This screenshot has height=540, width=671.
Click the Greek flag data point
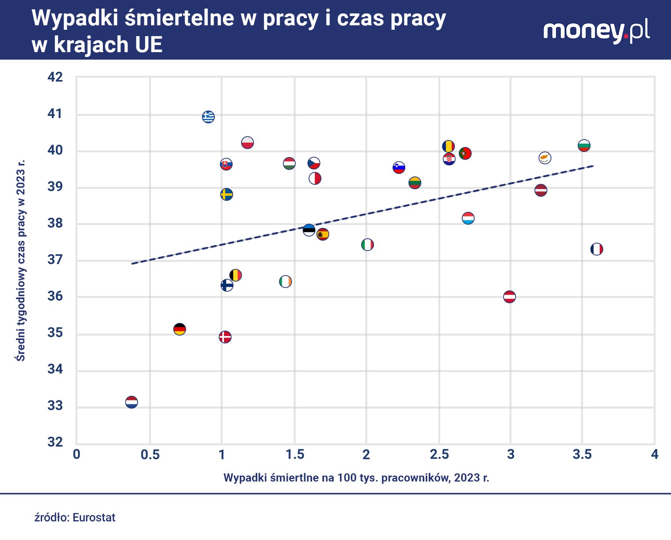click(x=208, y=117)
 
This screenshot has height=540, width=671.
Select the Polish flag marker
click(x=247, y=142)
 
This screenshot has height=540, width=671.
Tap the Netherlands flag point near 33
click(x=131, y=402)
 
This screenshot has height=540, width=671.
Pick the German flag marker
click(x=180, y=329)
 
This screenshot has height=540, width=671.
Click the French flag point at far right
click(x=597, y=249)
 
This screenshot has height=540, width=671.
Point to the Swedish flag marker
click(x=226, y=194)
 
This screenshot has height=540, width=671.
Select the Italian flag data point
click(x=367, y=244)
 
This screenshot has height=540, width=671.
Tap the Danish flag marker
click(x=225, y=337)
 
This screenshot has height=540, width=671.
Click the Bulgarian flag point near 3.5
click(x=584, y=145)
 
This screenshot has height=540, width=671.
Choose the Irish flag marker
click(x=286, y=281)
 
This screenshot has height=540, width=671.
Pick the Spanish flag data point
click(x=323, y=234)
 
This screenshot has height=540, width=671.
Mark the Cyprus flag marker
click(x=545, y=157)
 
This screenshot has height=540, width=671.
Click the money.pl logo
click(x=596, y=31)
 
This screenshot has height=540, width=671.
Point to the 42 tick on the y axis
click(x=55, y=77)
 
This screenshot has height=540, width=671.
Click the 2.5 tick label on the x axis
click(x=439, y=454)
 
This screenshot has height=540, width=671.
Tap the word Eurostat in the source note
click(x=94, y=517)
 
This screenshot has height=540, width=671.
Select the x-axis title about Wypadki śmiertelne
click(x=356, y=478)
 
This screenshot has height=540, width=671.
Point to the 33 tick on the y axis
click(x=55, y=406)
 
